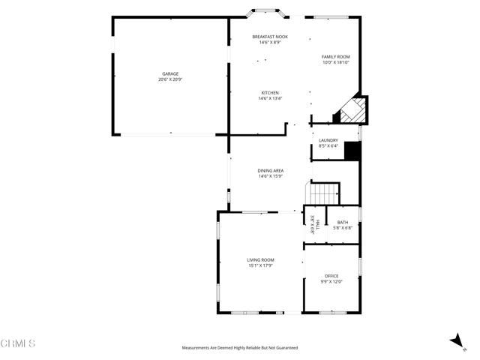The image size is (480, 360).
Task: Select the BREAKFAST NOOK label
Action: [x=269, y=37]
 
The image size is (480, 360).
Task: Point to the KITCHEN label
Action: [x=269, y=93]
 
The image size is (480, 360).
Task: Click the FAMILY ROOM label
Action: [x=336, y=57]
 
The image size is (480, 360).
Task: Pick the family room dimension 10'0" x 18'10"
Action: [x=336, y=63]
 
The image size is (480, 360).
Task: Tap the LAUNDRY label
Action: [x=328, y=140]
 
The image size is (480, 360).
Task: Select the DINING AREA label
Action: [x=270, y=170]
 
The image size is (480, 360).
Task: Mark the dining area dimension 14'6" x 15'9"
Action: [x=270, y=176]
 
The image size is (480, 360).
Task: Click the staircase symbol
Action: [x=325, y=193]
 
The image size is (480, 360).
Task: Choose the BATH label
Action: [x=343, y=222]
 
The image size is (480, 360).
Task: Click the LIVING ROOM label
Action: [x=261, y=259]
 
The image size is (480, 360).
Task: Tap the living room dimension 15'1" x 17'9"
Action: [x=261, y=265]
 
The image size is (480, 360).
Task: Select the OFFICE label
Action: [x=331, y=276]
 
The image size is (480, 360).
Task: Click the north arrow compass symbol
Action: [x=455, y=341]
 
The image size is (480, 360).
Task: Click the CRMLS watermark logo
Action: [x=18, y=343]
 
